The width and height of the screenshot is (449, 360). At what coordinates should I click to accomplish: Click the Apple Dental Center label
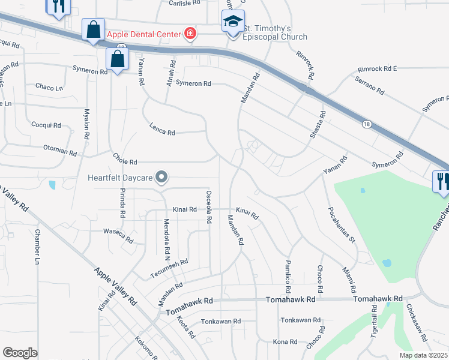pyautogui.click(x=143, y=34)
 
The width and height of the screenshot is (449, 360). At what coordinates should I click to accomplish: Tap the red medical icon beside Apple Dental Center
pyautogui.click(x=190, y=34)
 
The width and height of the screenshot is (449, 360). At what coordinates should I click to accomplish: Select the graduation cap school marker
pyautogui.click(x=233, y=23)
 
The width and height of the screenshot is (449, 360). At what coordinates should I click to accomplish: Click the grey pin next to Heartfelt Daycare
pyautogui.click(x=161, y=177)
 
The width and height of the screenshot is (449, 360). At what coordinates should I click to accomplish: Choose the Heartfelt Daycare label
pyautogui.click(x=119, y=177)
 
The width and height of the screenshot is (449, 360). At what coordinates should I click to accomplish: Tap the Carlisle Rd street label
pyautogui.click(x=184, y=3)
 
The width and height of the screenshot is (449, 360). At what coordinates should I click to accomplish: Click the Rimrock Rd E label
pyautogui.click(x=377, y=69)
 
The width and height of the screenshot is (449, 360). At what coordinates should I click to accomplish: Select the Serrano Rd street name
pyautogui.click(x=369, y=85)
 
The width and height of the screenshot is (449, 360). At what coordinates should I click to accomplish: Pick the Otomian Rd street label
pyautogui.click(x=60, y=149)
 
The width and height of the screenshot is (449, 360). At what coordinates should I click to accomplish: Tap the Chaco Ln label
pyautogui.click(x=49, y=88)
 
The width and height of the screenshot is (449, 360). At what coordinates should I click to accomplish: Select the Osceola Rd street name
pyautogui.click(x=209, y=207)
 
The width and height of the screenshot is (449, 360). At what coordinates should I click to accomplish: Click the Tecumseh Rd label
pyautogui.click(x=170, y=266)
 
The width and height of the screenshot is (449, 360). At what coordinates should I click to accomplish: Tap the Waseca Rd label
pyautogui.click(x=118, y=235)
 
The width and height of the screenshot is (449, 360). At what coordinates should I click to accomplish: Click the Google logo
pyautogui.click(x=20, y=353)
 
